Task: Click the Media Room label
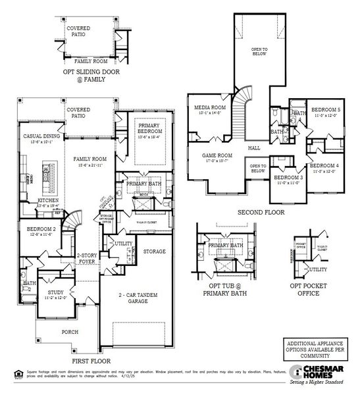tap(210, 107)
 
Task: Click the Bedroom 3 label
tap(288, 178)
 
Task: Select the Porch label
tap(70, 333)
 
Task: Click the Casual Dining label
tap(32, 136)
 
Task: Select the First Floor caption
tap(90, 361)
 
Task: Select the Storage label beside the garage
tap(154, 251)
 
